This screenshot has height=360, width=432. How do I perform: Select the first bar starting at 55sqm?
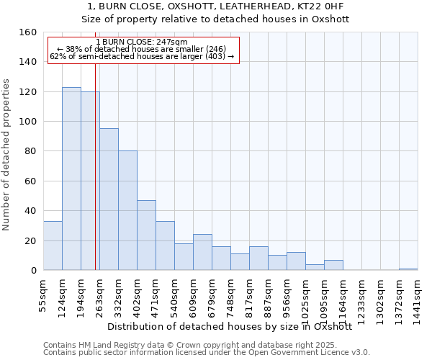pos(53,246)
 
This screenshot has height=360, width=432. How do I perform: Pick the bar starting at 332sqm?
pos(127,210)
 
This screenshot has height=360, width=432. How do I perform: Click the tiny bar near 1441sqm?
pos(408,269)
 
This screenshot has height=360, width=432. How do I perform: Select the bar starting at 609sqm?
pos(202,252)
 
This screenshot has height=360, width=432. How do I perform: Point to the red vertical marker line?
pos(95,180)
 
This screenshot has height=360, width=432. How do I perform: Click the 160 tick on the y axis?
pos(29,32)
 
